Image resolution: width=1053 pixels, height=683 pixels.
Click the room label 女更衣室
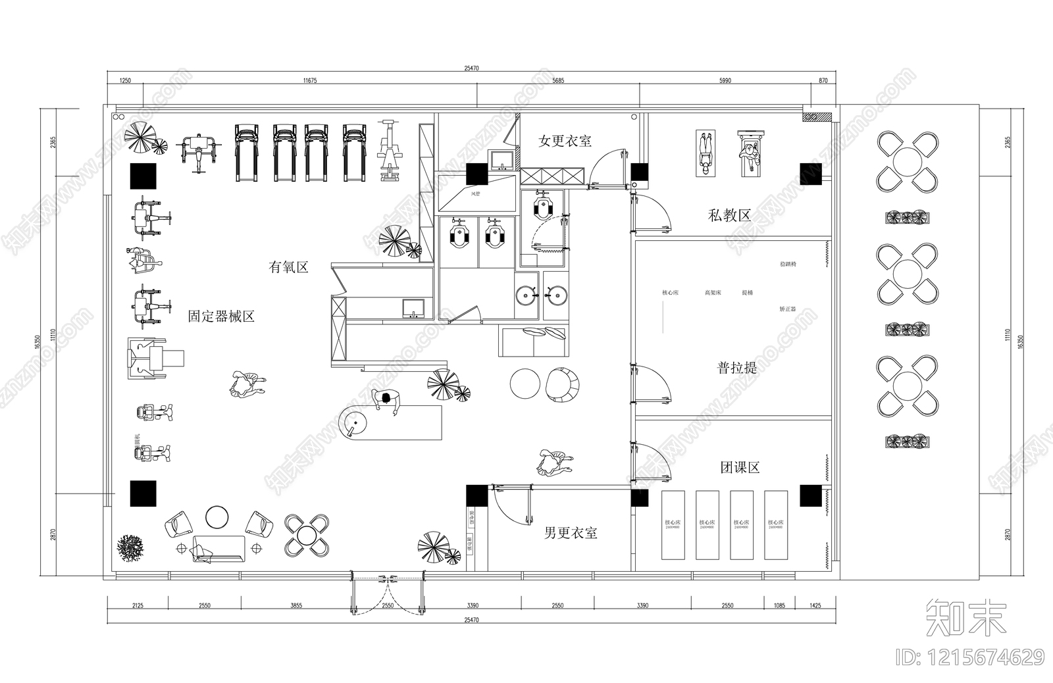coord(565,141)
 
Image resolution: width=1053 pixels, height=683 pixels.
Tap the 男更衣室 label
coord(571,533)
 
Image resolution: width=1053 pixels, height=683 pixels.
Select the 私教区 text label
coord(729,215)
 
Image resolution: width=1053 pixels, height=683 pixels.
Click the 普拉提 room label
coord(736,368)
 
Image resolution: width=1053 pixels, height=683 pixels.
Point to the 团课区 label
coord(740,468)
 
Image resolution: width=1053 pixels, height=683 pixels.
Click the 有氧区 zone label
coord(288,267)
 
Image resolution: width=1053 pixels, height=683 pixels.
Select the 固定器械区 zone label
coord(221,316)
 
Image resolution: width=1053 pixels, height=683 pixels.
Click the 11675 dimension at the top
coord(310,80)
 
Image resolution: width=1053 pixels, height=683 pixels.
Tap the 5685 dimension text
coord(558,80)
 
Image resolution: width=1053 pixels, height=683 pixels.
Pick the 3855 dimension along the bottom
coord(296,605)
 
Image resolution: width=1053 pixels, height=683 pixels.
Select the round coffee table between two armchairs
coord(217,517)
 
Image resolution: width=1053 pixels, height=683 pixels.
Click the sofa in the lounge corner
coord(218,549)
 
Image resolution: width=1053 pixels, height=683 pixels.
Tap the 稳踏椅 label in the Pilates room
coord(788,265)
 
